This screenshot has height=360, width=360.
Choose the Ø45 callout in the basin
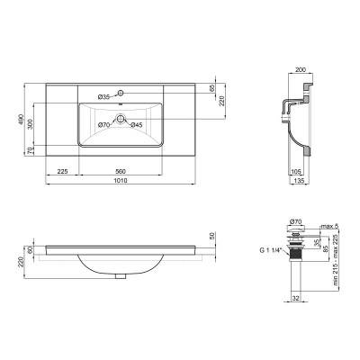(x=137, y=125)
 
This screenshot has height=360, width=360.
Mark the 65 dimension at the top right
(x=212, y=89)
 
